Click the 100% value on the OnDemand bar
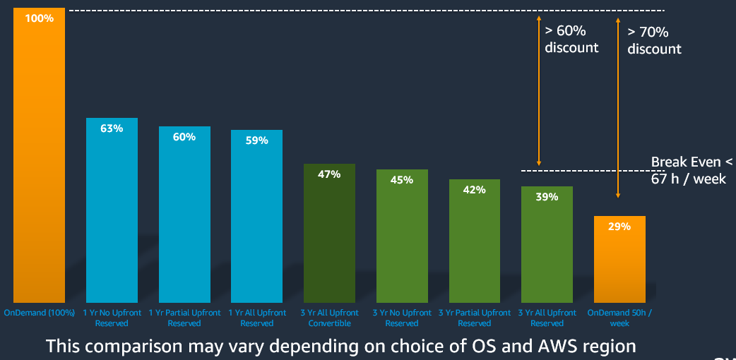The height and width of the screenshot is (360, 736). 40,18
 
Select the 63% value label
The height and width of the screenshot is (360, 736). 112,128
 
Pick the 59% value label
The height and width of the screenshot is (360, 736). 256,140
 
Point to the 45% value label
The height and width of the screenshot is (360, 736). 402,180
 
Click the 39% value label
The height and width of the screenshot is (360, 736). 547,197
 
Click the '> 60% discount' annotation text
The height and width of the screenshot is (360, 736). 571,40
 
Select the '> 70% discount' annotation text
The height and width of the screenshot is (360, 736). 654,40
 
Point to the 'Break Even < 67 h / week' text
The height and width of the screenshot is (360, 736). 688,171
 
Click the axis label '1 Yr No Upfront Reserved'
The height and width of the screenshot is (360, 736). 112,318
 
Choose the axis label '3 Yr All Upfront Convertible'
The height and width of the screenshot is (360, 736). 329,318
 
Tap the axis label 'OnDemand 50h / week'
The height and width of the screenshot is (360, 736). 619,318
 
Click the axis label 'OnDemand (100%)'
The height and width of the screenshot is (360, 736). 40,313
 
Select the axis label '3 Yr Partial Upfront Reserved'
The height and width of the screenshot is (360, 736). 475,318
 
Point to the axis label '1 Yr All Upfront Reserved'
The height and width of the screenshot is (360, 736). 256,318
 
